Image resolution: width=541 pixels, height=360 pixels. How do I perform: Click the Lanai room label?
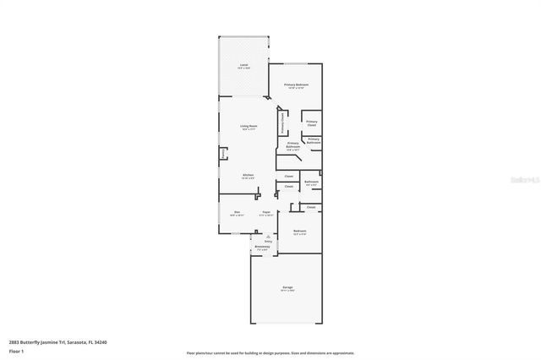(x=243, y=65)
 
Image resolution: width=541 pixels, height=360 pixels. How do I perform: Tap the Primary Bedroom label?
(x=296, y=85)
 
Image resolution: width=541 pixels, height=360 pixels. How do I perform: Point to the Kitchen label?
(x=249, y=175)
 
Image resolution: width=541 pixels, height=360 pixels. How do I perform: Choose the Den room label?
(x=238, y=211)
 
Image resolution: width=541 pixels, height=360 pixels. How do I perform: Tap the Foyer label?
(x=265, y=211)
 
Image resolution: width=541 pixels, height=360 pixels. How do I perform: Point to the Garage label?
(x=287, y=288)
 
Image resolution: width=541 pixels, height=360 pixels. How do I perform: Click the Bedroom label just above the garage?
(x=299, y=231)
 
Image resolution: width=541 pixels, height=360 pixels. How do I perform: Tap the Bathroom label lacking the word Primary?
(x=311, y=182)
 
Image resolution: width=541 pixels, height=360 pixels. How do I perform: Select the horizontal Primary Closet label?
(x=312, y=123)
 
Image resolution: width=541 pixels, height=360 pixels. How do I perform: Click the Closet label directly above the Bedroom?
(x=310, y=207)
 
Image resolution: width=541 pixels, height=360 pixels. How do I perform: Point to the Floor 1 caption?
(x=16, y=350)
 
